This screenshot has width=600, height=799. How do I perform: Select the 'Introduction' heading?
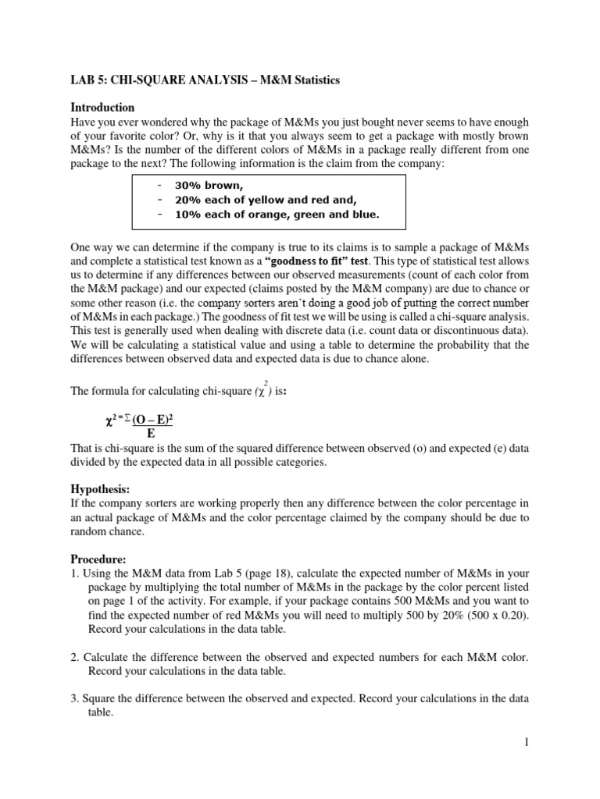(103, 107)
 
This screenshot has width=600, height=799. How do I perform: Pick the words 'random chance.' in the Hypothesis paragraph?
(108, 531)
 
